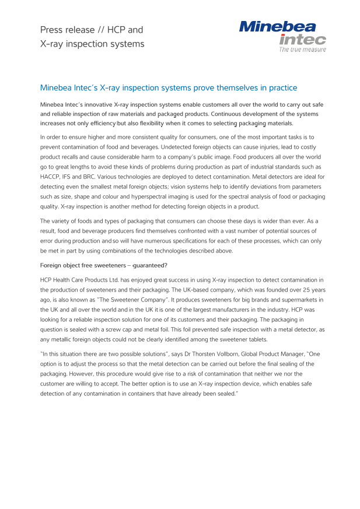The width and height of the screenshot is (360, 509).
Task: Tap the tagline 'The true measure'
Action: (x=302, y=50)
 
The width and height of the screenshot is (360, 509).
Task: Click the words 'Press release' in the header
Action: (x=62, y=30)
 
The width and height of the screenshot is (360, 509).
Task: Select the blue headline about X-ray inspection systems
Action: (x=169, y=88)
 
